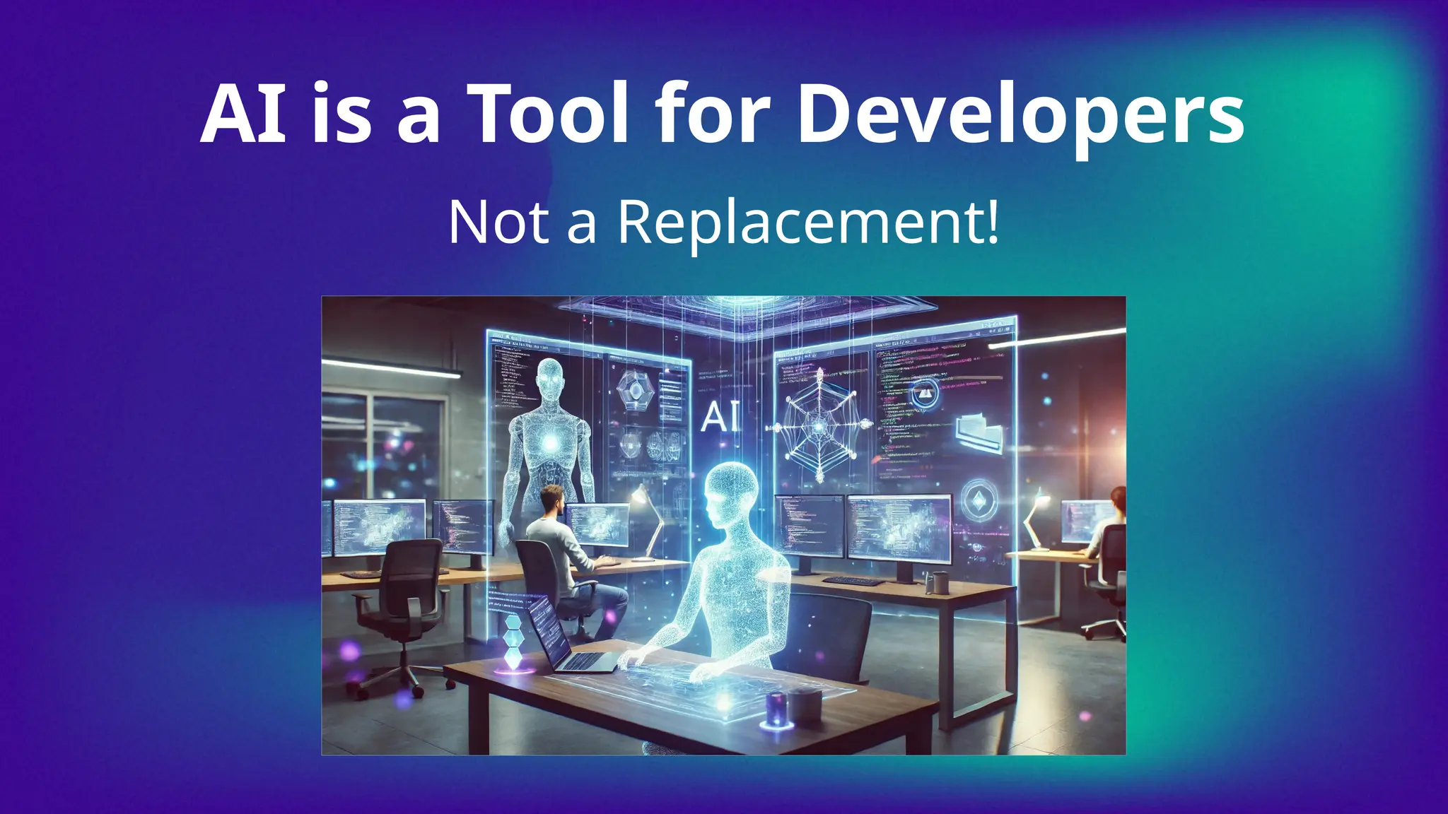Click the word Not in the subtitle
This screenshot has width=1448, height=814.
499,222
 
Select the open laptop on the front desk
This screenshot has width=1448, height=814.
559,635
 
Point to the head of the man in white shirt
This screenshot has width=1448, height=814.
551,500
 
